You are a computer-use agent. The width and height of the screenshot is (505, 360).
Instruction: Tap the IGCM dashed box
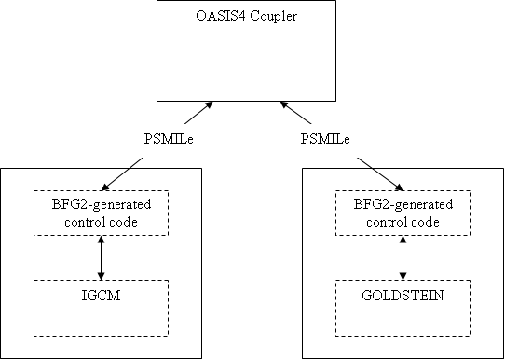pyautogui.click(x=101, y=307)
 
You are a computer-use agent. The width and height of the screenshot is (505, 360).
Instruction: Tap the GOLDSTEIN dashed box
pyautogui.click(x=403, y=307)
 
